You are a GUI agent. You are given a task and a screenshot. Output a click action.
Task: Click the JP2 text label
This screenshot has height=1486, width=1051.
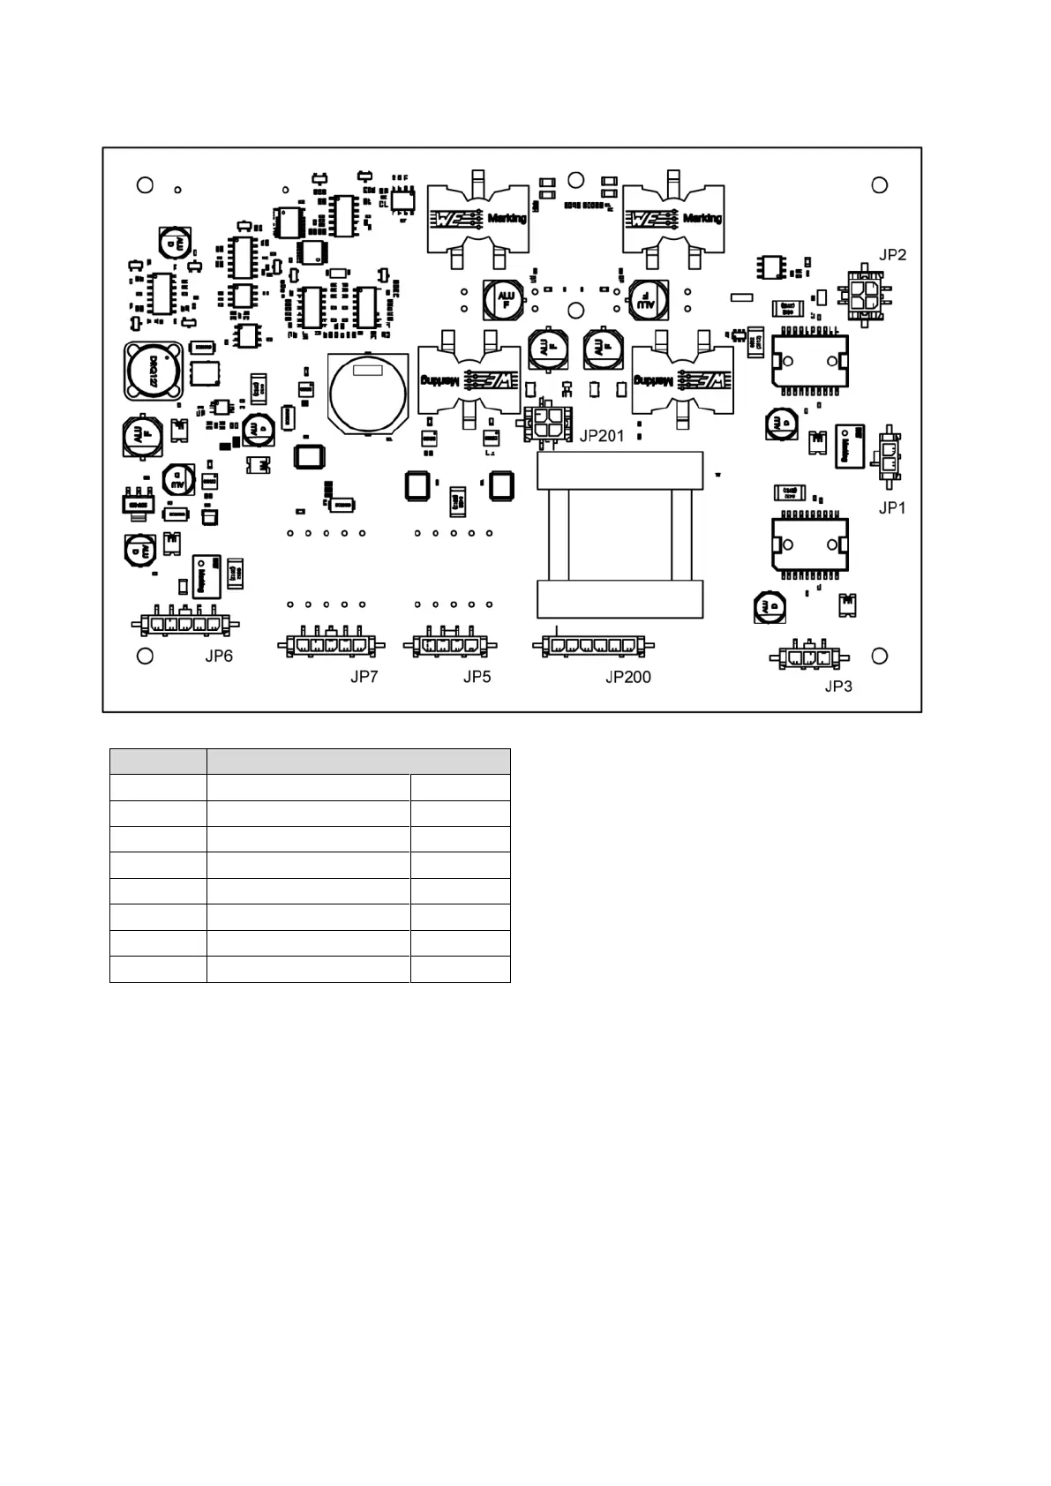[x=892, y=255]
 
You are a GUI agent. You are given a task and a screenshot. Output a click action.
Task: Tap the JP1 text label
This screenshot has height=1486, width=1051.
[x=892, y=507]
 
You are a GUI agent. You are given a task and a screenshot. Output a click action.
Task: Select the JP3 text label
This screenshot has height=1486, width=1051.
[x=838, y=686]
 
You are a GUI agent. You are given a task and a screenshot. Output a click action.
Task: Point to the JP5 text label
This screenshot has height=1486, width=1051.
[x=477, y=677]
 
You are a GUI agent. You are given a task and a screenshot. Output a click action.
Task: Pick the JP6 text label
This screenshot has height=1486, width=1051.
[x=219, y=656]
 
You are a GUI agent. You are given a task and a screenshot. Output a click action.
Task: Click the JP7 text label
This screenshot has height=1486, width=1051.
[x=364, y=677]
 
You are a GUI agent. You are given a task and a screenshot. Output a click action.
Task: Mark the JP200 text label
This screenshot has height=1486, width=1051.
[x=628, y=677]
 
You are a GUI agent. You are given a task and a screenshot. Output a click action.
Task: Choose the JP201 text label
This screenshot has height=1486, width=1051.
[x=602, y=436]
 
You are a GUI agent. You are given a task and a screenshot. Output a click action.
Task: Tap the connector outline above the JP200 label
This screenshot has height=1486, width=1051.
[x=592, y=646]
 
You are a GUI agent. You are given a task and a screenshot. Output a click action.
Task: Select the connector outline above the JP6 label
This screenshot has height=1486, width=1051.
[x=185, y=624]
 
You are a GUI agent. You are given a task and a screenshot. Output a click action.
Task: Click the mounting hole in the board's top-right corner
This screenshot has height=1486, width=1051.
[x=880, y=185]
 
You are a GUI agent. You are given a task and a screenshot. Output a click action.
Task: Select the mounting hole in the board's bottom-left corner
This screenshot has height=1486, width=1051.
[x=146, y=657]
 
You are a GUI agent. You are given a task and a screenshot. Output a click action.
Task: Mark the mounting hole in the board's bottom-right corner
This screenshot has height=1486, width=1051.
[x=880, y=657]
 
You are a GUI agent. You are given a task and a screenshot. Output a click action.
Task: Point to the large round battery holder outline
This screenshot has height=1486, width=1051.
[x=368, y=394]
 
